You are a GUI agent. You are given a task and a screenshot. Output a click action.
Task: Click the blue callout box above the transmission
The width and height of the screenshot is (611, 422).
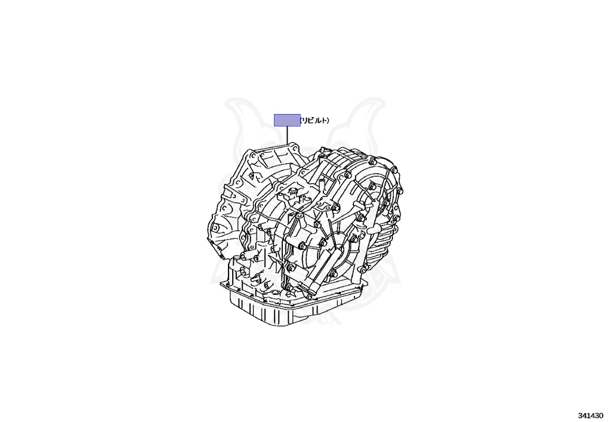(x=287, y=120)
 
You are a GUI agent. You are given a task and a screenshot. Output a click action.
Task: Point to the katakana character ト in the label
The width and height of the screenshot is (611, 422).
(x=323, y=121)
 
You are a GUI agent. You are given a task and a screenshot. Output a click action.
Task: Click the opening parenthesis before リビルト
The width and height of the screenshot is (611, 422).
(x=301, y=121)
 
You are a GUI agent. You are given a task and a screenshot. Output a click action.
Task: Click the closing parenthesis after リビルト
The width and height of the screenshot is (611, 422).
(x=328, y=121)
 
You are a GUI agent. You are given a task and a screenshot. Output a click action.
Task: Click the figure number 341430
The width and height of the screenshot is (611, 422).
(x=591, y=415)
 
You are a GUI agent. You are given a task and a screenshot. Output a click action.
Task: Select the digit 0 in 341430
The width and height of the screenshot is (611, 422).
(x=601, y=415)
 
